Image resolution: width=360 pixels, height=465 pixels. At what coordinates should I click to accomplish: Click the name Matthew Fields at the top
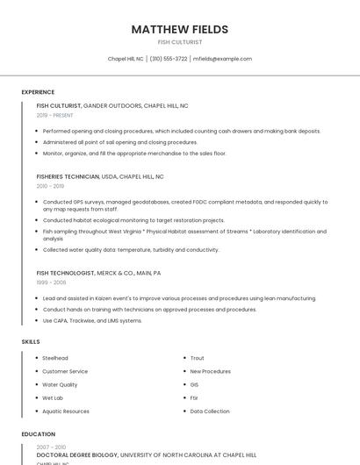click(x=179, y=29)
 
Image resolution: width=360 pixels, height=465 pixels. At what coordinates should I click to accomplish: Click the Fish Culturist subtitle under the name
click(x=179, y=42)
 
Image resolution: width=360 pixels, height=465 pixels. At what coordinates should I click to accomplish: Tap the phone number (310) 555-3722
click(x=169, y=59)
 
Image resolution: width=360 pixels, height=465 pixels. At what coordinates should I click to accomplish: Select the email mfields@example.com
click(x=222, y=59)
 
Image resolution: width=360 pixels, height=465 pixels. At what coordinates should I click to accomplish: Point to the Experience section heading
click(x=38, y=92)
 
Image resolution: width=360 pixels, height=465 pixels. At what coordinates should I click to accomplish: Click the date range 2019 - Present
click(x=54, y=115)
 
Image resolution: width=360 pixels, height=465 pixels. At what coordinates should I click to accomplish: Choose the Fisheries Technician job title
click(x=68, y=176)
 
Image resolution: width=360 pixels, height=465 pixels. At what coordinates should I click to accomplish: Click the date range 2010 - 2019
click(x=50, y=186)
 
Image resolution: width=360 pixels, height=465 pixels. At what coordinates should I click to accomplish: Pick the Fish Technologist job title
click(x=66, y=273)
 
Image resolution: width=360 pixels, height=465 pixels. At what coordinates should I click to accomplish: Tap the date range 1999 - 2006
click(x=51, y=283)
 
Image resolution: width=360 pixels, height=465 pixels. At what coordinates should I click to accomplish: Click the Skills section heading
click(x=31, y=341)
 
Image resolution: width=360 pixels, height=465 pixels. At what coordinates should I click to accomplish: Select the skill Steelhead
click(x=55, y=358)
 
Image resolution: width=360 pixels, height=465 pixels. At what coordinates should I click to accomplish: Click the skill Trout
click(x=197, y=358)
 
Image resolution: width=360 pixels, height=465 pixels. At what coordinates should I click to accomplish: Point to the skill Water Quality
click(x=60, y=384)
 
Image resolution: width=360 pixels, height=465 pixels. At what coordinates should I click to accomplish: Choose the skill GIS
click(x=194, y=384)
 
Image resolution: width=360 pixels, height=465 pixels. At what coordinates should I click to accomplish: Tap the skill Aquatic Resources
click(x=66, y=411)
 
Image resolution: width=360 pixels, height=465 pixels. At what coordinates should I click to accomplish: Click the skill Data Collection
click(x=209, y=411)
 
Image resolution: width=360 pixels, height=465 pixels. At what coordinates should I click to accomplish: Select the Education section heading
click(x=38, y=434)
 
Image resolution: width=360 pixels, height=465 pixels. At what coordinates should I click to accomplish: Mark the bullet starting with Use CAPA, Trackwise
click(x=92, y=320)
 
